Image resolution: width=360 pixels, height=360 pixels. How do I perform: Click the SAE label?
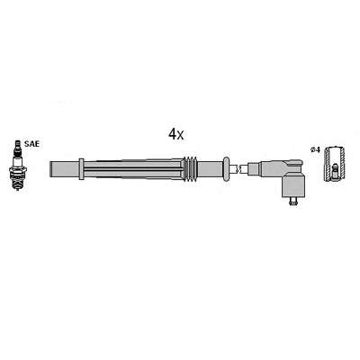(x=31, y=144)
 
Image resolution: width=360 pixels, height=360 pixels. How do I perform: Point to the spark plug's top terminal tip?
(x=18, y=141)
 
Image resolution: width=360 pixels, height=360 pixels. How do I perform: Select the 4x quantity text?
(x=175, y=134)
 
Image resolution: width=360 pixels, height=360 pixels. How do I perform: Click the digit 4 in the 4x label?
(x=172, y=134)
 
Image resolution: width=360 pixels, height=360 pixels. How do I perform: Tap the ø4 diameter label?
(x=316, y=149)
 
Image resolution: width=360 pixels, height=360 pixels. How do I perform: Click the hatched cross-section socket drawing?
(x=335, y=164)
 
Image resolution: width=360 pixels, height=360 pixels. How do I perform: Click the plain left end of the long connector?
(x=65, y=169)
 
